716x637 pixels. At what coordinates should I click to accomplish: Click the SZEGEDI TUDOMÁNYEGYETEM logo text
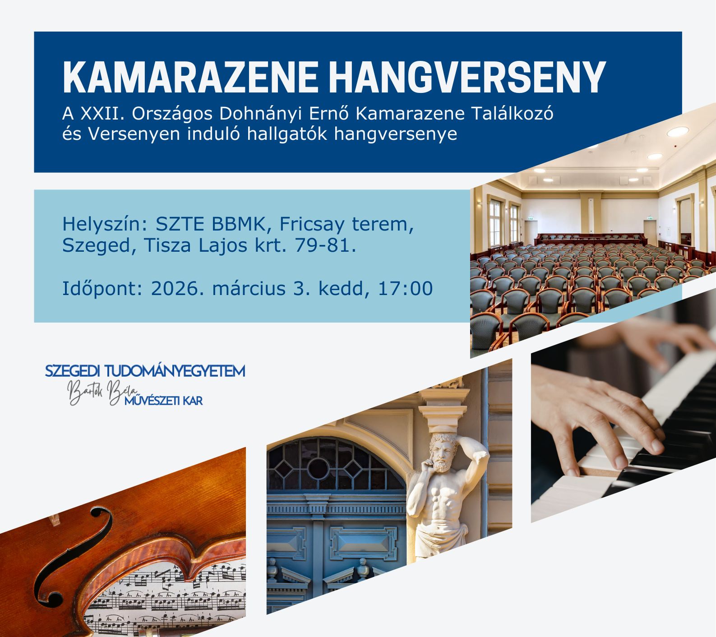145,371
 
